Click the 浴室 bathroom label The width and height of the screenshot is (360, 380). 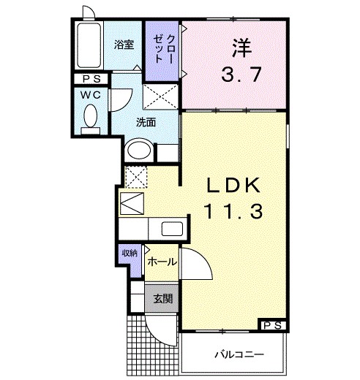(123, 45)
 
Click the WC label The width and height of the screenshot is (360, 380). (90, 96)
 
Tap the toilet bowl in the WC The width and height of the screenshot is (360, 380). (91, 117)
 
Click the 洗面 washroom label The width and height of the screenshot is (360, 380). (146, 122)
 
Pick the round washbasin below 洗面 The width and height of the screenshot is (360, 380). (138, 151)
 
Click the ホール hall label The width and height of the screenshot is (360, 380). (160, 261)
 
